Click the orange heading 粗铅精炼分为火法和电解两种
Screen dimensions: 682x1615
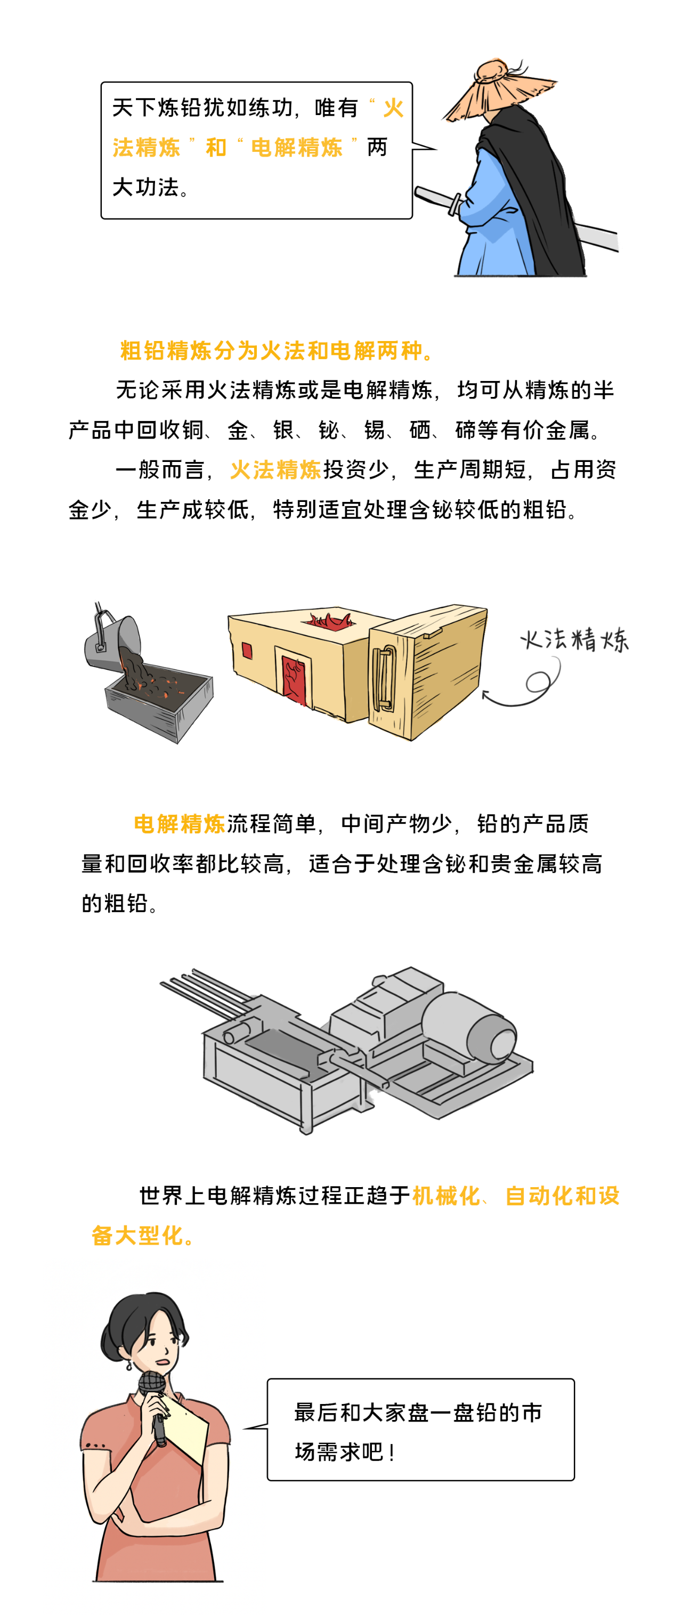(x=276, y=351)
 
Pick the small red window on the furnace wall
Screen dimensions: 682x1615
(x=247, y=651)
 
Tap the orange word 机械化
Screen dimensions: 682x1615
(x=446, y=1196)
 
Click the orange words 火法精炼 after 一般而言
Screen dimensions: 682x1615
(x=276, y=469)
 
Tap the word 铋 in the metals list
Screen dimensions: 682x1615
(x=329, y=430)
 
